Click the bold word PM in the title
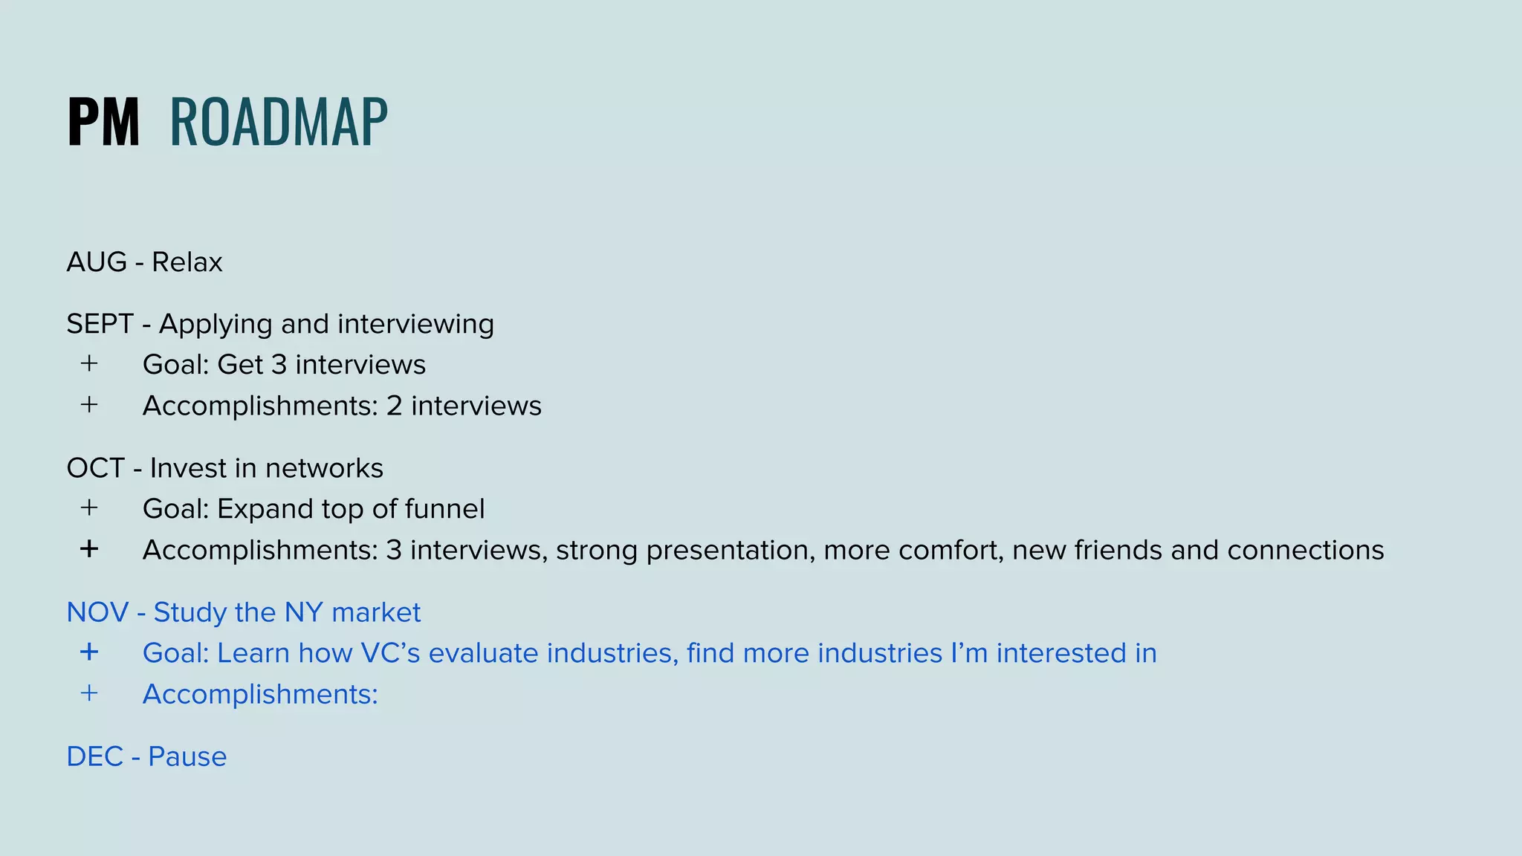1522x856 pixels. click(103, 123)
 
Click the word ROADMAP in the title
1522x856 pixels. click(279, 123)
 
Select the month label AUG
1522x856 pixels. click(97, 262)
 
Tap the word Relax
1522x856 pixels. click(187, 262)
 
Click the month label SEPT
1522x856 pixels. click(100, 324)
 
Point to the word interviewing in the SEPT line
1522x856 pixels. click(415, 324)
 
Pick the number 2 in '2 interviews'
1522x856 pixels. click(394, 406)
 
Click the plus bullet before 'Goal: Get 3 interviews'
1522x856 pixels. click(89, 363)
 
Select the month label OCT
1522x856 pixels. click(96, 468)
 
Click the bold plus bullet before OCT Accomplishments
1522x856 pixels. click(89, 549)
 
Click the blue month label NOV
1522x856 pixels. click(97, 612)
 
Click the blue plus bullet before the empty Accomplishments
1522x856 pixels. click(89, 693)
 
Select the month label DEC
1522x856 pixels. click(94, 756)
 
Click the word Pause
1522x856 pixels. click(187, 756)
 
